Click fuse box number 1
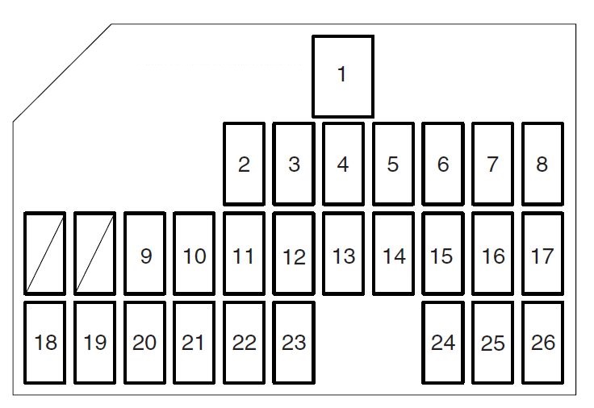click(343, 76)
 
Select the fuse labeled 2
click(244, 164)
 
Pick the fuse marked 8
click(542, 164)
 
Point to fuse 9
click(145, 254)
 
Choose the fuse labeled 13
click(344, 254)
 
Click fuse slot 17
click(542, 254)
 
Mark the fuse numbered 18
click(45, 343)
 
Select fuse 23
click(294, 343)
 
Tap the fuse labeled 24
click(443, 343)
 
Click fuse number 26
click(542, 343)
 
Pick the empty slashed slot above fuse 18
click(45, 254)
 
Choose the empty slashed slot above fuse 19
click(95, 254)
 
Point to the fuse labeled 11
click(244, 254)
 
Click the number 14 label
click(394, 256)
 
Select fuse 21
click(194, 343)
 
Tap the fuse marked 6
click(443, 164)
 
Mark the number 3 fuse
click(294, 164)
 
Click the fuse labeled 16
click(492, 254)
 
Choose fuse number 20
click(145, 343)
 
